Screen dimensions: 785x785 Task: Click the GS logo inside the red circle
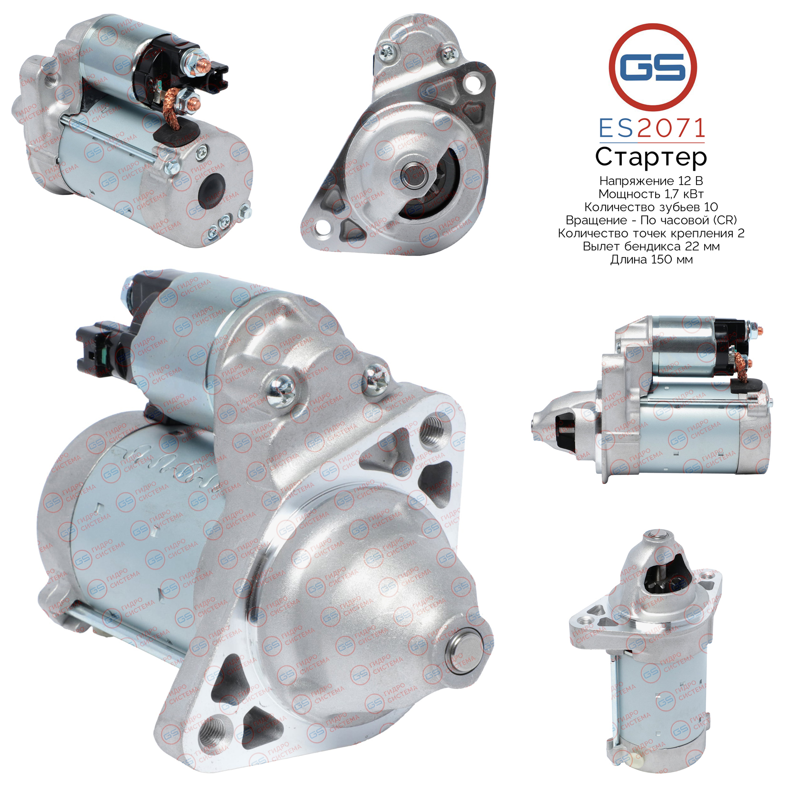(x=653, y=68)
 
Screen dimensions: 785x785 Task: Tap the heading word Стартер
(x=651, y=157)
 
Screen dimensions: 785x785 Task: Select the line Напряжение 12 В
(x=651, y=181)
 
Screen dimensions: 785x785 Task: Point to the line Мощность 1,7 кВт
(x=651, y=194)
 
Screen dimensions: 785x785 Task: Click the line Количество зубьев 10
(x=651, y=207)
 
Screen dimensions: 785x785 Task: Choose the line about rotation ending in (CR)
(x=651, y=220)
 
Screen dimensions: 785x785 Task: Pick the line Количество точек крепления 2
(x=651, y=233)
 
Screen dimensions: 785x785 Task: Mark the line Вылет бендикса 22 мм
(x=651, y=246)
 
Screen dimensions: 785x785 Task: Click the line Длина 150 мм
(x=651, y=260)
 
